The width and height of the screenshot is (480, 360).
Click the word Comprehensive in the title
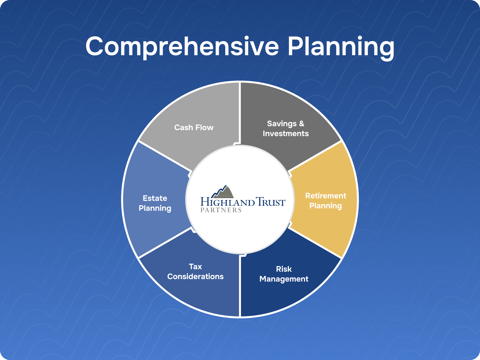pyautogui.click(x=182, y=46)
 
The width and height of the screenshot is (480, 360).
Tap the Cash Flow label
pyautogui.click(x=194, y=127)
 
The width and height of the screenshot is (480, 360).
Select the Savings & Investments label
pyautogui.click(x=286, y=128)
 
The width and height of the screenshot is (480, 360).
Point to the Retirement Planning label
pyautogui.click(x=325, y=201)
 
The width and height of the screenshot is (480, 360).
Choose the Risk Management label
pyautogui.click(x=284, y=274)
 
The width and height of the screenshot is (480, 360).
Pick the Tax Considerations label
pyautogui.click(x=195, y=271)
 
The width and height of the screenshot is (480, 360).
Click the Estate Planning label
pyautogui.click(x=155, y=203)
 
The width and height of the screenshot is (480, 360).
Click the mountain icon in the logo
pyautogui.click(x=223, y=192)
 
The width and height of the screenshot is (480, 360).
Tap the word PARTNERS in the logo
pyautogui.click(x=221, y=210)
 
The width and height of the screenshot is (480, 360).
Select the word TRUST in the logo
pyautogui.click(x=271, y=202)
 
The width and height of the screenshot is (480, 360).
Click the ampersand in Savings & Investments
pyautogui.click(x=301, y=124)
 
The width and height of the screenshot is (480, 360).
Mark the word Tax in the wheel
pyautogui.click(x=195, y=266)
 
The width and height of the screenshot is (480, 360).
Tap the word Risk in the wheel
pyautogui.click(x=284, y=269)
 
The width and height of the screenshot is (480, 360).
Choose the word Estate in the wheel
pyautogui.click(x=155, y=198)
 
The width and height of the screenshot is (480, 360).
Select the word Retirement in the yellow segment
pyautogui.click(x=325, y=196)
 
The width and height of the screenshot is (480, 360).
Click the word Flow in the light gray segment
pyautogui.click(x=204, y=127)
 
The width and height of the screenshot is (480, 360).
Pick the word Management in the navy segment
pyautogui.click(x=284, y=279)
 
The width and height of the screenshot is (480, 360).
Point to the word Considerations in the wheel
pyautogui.click(x=195, y=277)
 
